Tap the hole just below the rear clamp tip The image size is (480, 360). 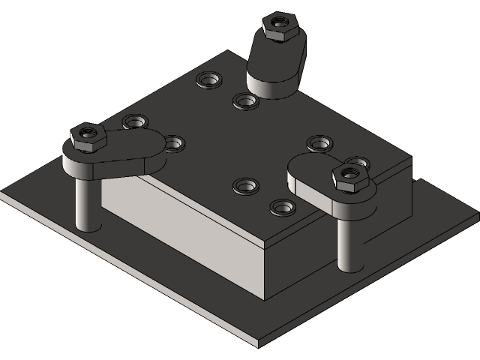(x=244, y=100)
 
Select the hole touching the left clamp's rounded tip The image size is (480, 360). (x=173, y=142)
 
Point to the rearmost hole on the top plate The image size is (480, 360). (x=208, y=79)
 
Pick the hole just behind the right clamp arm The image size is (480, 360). (x=319, y=142)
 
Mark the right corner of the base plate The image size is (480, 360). (x=477, y=219)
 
